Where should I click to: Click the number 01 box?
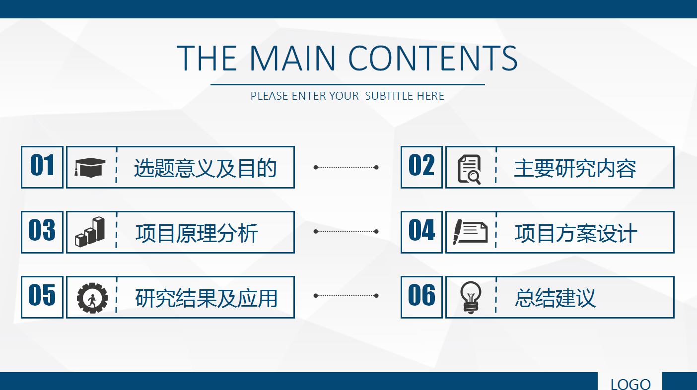[42, 167]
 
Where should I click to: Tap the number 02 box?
[421, 167]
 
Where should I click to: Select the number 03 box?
[42, 232]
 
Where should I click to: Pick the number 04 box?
[421, 232]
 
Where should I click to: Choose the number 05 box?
[42, 297]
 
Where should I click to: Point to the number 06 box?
[421, 297]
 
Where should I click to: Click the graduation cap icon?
[90, 167]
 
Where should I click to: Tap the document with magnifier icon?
[469, 169]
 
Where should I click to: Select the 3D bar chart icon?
[90, 232]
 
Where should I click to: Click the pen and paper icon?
[470, 232]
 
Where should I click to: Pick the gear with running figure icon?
[92, 298]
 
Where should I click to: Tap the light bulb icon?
[471, 297]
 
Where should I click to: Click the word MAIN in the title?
[292, 58]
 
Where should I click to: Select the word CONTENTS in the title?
[433, 58]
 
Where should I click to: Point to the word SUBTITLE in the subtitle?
[390, 96]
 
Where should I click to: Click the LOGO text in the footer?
[630, 384]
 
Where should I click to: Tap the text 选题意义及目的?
[205, 168]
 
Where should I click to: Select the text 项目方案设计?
[576, 233]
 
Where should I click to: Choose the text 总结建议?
[555, 298]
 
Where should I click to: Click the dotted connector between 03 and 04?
[346, 231]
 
